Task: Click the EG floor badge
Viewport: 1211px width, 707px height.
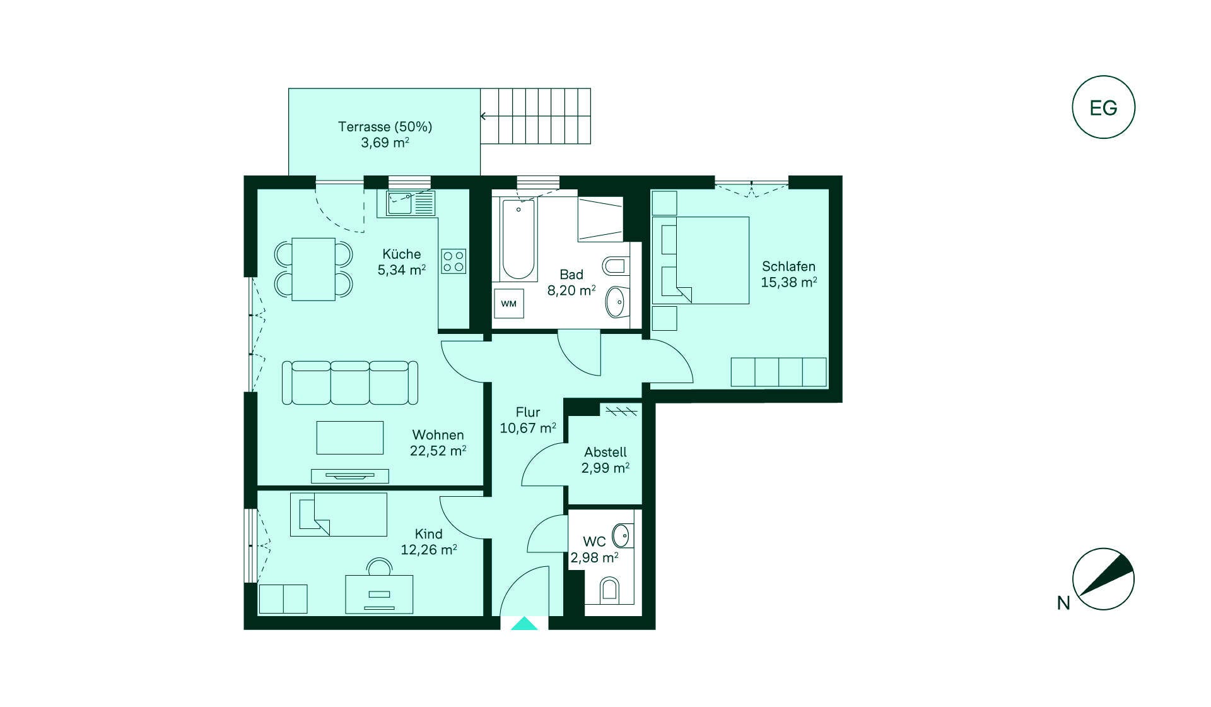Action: click(1103, 107)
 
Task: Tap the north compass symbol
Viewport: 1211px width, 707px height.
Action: click(1103, 579)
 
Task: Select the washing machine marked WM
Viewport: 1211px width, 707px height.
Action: click(508, 304)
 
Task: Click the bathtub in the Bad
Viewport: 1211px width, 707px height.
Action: click(518, 239)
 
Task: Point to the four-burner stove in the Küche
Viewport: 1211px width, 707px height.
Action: click(453, 260)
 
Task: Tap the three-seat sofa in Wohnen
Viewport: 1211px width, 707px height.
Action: click(350, 383)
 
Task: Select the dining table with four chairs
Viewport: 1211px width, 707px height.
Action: click(313, 269)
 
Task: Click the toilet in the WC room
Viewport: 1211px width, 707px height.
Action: click(609, 590)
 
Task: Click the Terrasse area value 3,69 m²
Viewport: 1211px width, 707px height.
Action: click(385, 143)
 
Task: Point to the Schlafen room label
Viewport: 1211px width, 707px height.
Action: click(788, 266)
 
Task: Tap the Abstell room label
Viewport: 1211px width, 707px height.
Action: click(605, 452)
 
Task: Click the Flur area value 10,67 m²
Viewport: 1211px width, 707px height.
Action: click(528, 428)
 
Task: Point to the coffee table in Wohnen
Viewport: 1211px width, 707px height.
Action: click(350, 437)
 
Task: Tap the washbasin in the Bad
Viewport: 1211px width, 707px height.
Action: click(616, 302)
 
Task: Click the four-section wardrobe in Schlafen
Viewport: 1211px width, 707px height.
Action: click(778, 372)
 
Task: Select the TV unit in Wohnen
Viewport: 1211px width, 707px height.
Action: click(350, 476)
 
